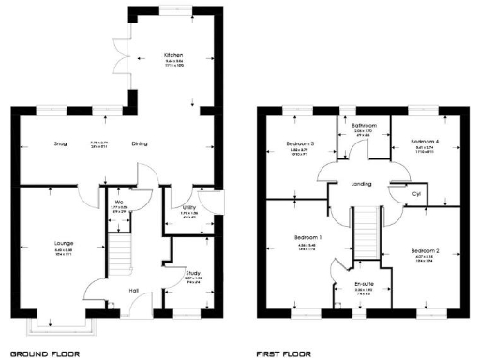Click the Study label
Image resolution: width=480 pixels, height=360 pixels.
click(192, 273)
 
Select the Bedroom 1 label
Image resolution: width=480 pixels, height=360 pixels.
click(308, 238)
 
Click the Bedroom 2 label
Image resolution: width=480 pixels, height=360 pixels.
click(425, 251)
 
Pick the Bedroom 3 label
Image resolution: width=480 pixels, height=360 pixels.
click(301, 143)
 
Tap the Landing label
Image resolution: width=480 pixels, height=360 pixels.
click(362, 185)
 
